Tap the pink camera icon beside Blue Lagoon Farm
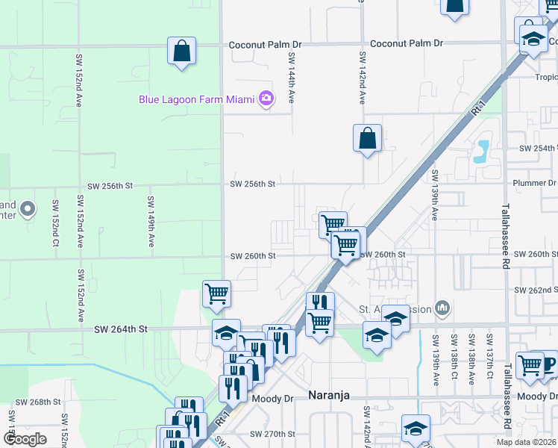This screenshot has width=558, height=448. click(266, 99)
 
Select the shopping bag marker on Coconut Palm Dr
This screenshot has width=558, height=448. click(181, 52)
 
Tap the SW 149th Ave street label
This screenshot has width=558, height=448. click(151, 222)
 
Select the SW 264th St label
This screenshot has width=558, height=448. click(122, 329)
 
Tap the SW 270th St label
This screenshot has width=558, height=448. click(273, 434)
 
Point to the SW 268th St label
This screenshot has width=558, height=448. click(37, 402)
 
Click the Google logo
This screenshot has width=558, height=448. click(25, 439)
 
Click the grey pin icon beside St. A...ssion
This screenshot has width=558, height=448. click(442, 307)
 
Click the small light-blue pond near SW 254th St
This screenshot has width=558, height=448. click(481, 151)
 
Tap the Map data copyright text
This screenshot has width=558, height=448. click(526, 442)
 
